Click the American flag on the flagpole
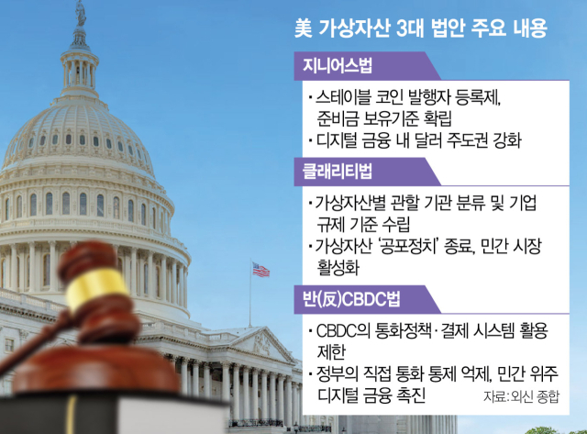pos(260,270)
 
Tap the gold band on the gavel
pos(96,287)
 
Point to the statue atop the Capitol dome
pos(81,14)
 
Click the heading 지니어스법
pos(338,66)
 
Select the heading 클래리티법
pos(338,172)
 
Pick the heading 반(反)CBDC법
pos(351,299)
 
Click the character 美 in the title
pos(304,28)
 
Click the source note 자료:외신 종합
pos(521,396)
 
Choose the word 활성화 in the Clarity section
pos(338,267)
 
